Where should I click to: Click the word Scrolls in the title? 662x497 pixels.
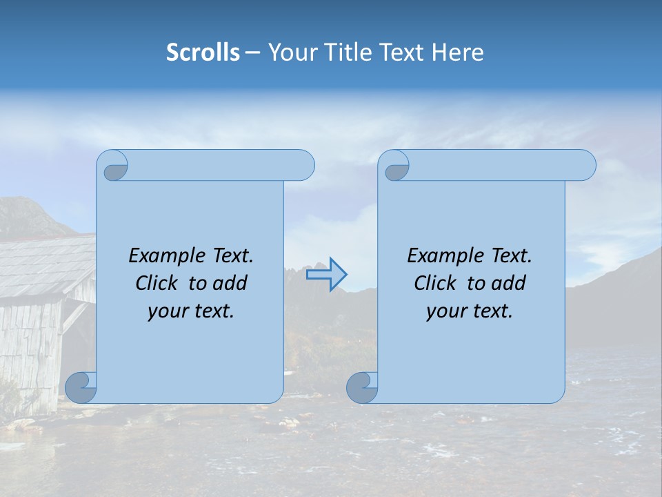[x=203, y=52]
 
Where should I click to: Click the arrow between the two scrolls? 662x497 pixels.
[x=326, y=275]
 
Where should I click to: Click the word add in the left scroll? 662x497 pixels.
[x=230, y=283]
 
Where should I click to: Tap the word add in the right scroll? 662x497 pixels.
[x=509, y=283]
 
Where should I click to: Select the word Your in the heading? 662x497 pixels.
[x=290, y=52]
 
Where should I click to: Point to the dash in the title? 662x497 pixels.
[x=252, y=52]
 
